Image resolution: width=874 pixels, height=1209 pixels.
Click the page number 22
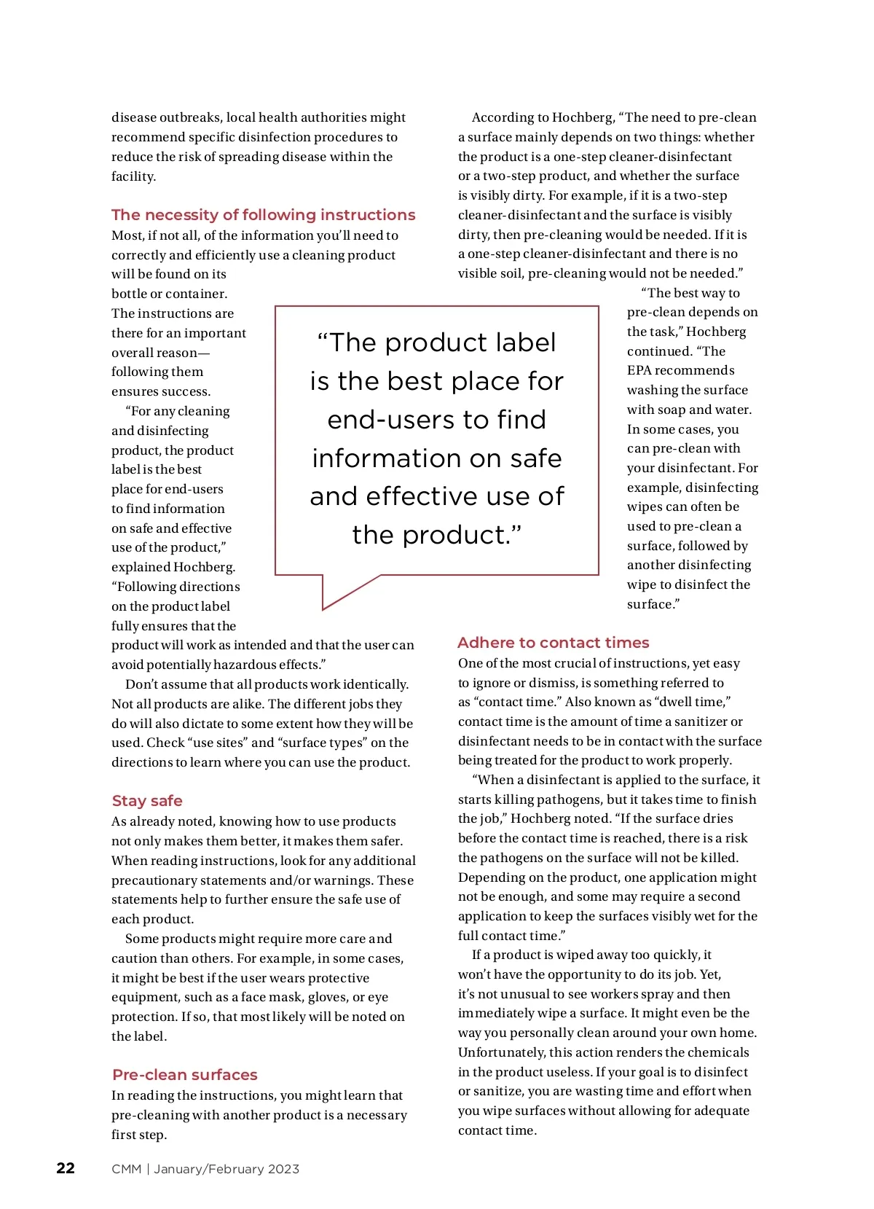tap(66, 1168)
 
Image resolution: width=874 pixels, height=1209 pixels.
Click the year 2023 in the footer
tap(283, 1169)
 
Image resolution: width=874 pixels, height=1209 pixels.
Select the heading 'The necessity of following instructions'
tap(263, 215)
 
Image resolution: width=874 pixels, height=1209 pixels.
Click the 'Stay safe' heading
tap(147, 801)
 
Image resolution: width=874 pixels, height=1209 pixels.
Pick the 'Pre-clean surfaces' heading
tap(185, 1075)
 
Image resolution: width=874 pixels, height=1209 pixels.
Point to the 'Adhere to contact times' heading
tap(553, 643)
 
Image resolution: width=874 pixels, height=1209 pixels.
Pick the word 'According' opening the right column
tap(503, 117)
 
